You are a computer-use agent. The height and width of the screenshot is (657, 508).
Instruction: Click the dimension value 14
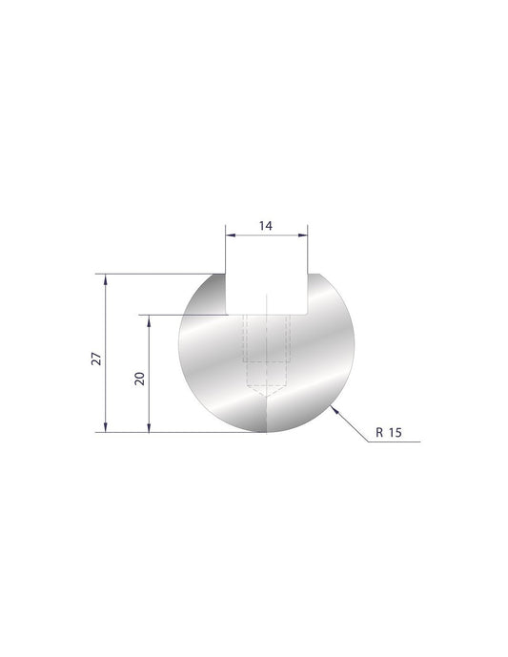(266, 225)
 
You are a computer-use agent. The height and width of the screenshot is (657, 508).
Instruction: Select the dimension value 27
(95, 359)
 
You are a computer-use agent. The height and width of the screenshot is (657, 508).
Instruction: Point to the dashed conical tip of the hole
(266, 390)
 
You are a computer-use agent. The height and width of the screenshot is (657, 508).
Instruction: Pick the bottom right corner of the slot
(307, 312)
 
